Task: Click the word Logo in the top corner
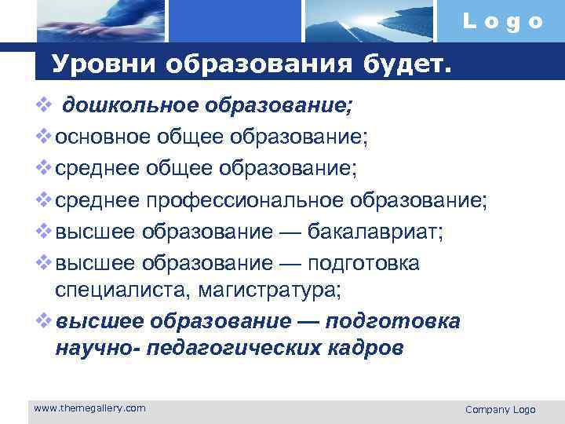(502, 21)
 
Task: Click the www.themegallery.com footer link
(89, 408)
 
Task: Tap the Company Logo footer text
(500, 409)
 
